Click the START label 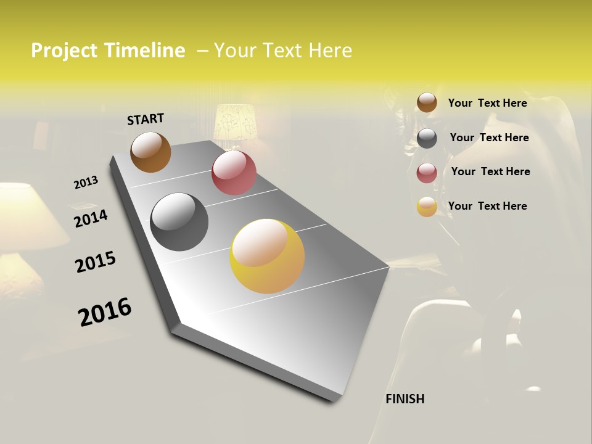(146, 118)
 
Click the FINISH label (405, 399)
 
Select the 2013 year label (86, 183)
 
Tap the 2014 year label (91, 218)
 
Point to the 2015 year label (96, 262)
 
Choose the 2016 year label (105, 312)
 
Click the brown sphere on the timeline (150, 152)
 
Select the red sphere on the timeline (234, 173)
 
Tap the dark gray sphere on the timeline (179, 222)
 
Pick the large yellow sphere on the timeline (267, 256)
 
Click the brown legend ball (427, 102)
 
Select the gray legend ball (427, 138)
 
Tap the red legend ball (427, 172)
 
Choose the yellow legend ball (427, 207)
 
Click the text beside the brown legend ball (487, 103)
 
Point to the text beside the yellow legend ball (487, 206)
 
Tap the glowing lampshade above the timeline (234, 121)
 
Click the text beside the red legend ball (490, 171)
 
